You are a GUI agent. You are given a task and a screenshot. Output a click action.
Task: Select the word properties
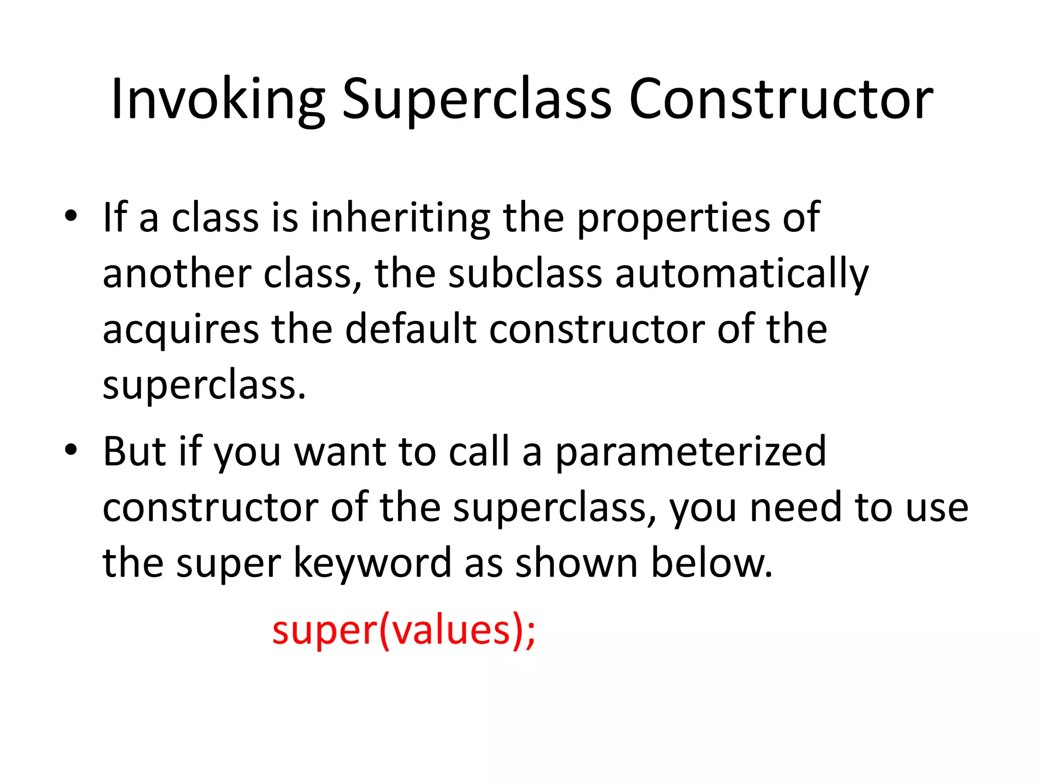tap(673, 218)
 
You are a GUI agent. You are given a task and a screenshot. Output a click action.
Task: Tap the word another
tap(177, 274)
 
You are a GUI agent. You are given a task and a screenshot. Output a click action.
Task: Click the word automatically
tap(742, 274)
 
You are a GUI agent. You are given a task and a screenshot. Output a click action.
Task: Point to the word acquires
tap(180, 330)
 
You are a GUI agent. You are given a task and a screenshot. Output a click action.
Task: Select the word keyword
tap(373, 564)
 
